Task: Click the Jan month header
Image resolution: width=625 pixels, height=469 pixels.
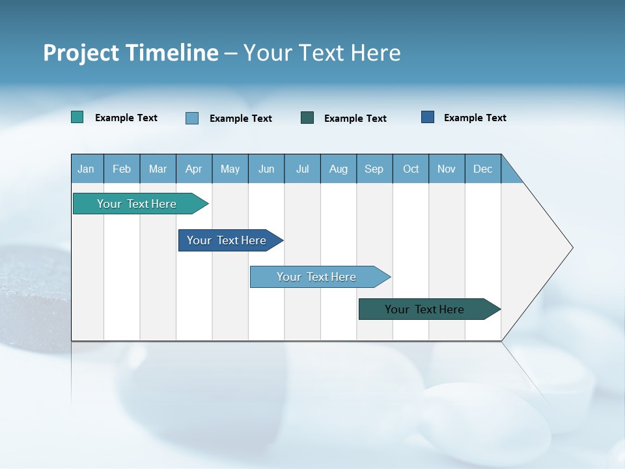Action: click(x=87, y=169)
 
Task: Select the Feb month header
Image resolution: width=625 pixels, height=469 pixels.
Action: click(x=122, y=169)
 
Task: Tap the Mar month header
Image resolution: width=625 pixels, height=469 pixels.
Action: click(x=158, y=169)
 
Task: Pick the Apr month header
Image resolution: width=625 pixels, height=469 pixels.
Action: click(x=194, y=169)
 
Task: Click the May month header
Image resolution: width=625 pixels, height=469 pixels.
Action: click(x=230, y=169)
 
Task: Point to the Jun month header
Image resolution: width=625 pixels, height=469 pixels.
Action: click(x=266, y=169)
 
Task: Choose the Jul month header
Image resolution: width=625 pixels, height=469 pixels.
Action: click(x=302, y=169)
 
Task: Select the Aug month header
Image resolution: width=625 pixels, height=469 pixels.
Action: click(x=339, y=169)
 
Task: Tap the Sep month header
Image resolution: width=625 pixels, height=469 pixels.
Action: click(x=374, y=169)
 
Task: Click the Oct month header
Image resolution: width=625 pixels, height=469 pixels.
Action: click(x=411, y=169)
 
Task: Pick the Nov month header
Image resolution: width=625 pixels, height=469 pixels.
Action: click(x=447, y=169)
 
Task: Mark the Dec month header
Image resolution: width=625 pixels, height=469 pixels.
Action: click(x=483, y=169)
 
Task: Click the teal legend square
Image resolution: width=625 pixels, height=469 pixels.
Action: click(x=77, y=117)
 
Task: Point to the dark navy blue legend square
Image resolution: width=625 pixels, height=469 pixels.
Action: click(x=428, y=117)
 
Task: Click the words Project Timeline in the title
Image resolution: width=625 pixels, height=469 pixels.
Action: click(x=131, y=53)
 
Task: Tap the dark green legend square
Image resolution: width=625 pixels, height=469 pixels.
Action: click(x=307, y=118)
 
